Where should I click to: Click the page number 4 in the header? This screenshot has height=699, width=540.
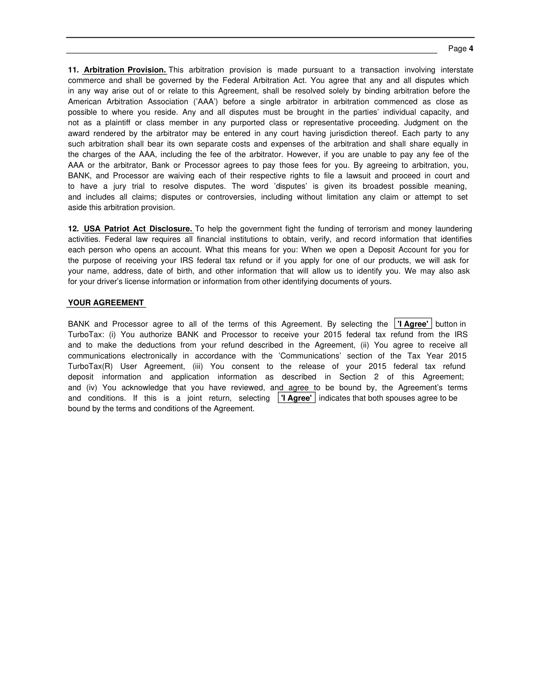pos(471,49)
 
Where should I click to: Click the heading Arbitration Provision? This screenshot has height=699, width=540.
pos(125,70)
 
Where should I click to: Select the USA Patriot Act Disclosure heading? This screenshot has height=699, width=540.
pos(138,229)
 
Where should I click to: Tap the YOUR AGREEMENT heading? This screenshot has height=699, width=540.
pos(106,303)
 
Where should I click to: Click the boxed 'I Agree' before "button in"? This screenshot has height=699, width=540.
pos(413,324)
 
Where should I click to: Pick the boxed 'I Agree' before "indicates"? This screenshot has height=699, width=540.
pos(297,398)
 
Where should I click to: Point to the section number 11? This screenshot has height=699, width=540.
pos(73,70)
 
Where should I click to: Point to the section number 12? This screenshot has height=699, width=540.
pos(73,229)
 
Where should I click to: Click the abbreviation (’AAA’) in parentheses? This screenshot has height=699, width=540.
pos(206,102)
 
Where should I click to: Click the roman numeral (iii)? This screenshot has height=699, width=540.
pos(198,366)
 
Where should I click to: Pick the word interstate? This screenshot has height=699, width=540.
pos(457,70)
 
